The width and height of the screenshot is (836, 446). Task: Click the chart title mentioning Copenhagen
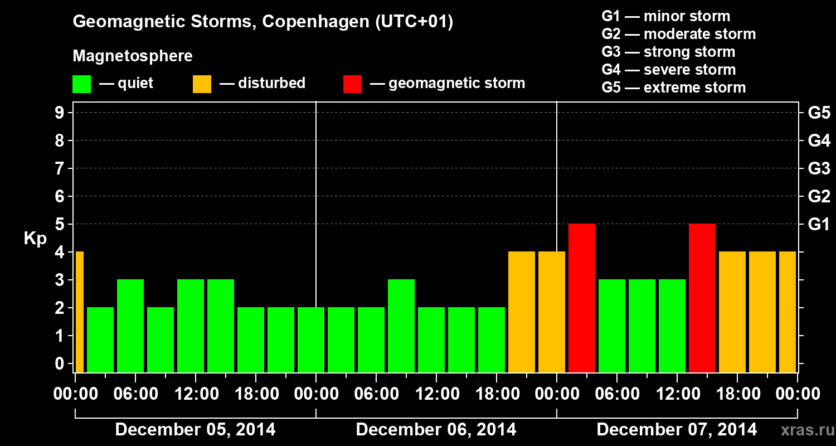pos(263,22)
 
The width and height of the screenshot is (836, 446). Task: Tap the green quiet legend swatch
pos(81,84)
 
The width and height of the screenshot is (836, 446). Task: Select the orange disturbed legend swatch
pos(202,84)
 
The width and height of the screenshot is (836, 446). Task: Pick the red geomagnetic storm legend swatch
pos(352,84)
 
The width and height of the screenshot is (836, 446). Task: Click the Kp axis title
pos(35,239)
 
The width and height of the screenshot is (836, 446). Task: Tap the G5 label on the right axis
pos(819,113)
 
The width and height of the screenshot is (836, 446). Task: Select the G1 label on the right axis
pos(819,225)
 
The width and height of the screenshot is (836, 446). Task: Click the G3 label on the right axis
pos(819,169)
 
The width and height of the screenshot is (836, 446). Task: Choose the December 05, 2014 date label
pos(195,430)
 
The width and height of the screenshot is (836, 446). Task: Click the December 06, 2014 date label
pos(436,430)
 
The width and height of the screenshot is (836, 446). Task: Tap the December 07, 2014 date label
pos(677,430)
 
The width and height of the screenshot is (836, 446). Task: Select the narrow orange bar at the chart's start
pos(79,312)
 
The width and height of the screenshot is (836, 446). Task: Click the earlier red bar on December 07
pos(582,298)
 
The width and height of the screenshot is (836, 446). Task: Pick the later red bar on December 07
pos(702,298)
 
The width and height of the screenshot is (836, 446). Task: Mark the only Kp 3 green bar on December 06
pos(401,326)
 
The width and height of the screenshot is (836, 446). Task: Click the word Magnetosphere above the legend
pos(133,56)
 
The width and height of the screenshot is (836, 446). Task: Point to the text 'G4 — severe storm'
pos(669,70)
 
